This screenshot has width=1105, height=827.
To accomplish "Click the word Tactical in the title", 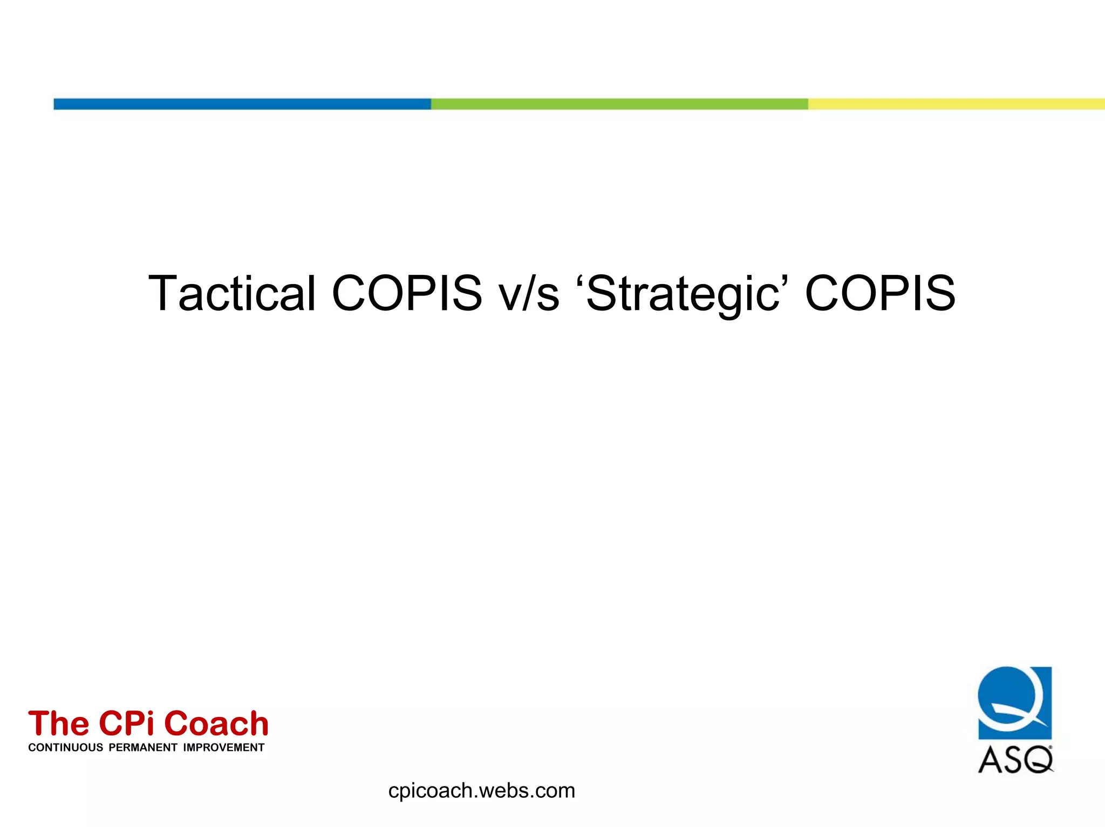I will click(231, 293).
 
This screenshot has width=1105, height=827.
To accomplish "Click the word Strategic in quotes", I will click(683, 294).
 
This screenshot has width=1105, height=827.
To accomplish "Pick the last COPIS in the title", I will click(880, 293).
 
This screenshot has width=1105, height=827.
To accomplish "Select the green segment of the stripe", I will click(619, 104).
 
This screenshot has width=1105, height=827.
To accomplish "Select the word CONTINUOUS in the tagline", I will click(65, 748).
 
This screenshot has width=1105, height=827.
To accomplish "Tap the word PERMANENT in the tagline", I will click(143, 748).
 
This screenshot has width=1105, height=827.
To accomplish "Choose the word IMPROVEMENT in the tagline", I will click(223, 748).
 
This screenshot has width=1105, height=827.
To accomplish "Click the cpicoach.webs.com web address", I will click(481, 791).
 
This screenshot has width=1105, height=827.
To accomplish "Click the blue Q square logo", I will click(1014, 702).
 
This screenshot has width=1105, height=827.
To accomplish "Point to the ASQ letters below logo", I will click(1014, 760).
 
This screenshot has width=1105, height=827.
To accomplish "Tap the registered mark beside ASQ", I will click(1050, 747).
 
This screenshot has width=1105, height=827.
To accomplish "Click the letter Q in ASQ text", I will click(1038, 760).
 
